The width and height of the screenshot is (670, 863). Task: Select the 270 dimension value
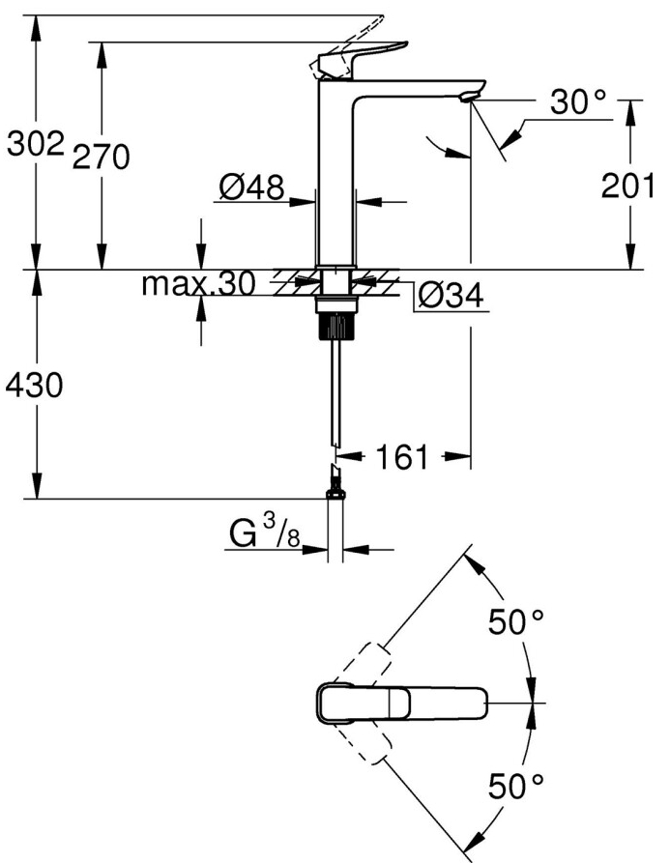pyautogui.click(x=102, y=157)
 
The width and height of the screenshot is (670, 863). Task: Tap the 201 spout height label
pyautogui.click(x=629, y=186)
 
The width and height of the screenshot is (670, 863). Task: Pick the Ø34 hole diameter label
pyautogui.click(x=451, y=297)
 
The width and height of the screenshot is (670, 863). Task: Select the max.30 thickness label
pyautogui.click(x=197, y=284)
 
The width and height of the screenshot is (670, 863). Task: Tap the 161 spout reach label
pyautogui.click(x=401, y=456)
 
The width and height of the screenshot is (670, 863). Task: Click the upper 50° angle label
pyautogui.click(x=521, y=623)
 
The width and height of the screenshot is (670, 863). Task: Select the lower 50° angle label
pyautogui.click(x=521, y=788)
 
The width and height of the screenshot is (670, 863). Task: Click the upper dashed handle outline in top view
pyautogui.click(x=362, y=662)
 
